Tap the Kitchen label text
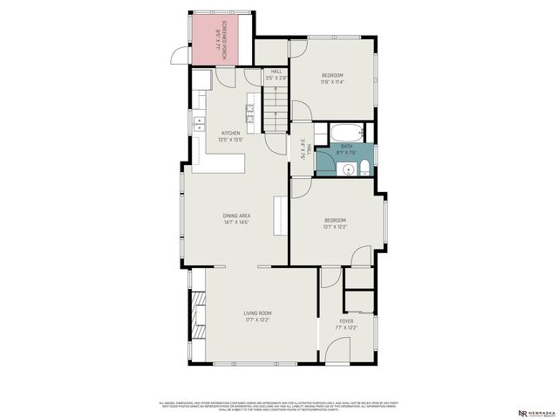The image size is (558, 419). point(230,133)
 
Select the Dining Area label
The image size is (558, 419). point(237,216)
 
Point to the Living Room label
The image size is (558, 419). point(258,313)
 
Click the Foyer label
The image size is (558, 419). point(347,322)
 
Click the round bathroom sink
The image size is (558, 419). point(346,168)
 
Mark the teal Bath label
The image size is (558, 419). point(346,147)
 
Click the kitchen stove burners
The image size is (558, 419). point(249,111)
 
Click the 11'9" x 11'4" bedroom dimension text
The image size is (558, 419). point(332,82)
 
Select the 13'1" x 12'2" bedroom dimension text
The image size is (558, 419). point(336,227)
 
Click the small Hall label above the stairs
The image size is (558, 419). point(277,72)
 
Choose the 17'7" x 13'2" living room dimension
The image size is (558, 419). point(258,319)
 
